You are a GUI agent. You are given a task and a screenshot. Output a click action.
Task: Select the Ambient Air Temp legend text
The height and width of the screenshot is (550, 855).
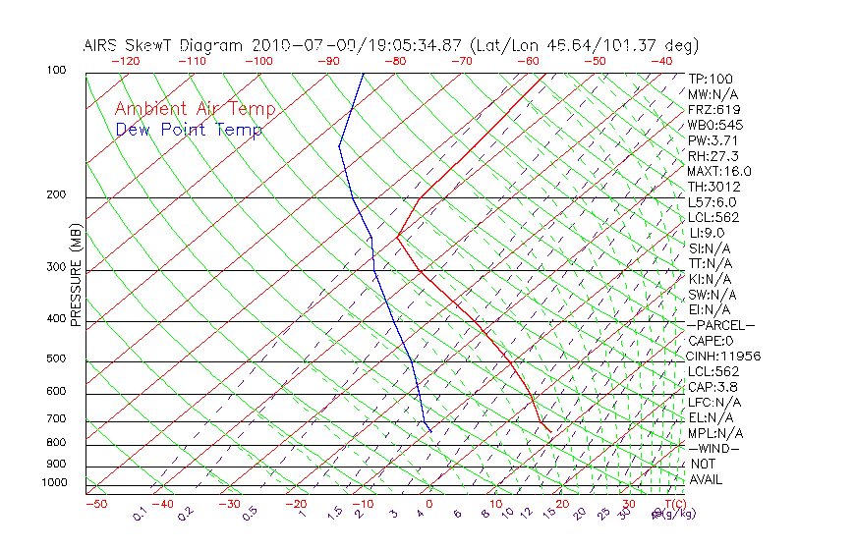click(x=195, y=110)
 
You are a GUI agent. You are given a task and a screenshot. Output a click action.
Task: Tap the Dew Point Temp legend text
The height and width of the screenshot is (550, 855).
click(x=189, y=131)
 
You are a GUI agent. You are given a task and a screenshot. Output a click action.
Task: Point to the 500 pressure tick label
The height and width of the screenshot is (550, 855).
click(x=55, y=359)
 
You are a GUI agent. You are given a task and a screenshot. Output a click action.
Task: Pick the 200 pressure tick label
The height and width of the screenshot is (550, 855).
click(x=55, y=195)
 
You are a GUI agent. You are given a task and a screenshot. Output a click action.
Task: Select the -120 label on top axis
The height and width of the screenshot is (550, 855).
click(x=126, y=61)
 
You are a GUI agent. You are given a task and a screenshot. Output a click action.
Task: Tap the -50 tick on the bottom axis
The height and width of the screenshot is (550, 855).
click(x=95, y=505)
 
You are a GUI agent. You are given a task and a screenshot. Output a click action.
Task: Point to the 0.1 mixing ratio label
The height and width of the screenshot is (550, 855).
click(x=141, y=513)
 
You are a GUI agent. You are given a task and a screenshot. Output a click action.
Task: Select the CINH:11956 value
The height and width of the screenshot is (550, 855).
click(x=724, y=357)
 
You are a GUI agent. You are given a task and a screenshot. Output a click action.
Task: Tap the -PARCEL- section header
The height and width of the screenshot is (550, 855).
click(x=721, y=326)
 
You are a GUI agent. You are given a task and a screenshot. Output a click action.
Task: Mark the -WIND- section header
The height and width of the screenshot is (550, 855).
click(x=714, y=449)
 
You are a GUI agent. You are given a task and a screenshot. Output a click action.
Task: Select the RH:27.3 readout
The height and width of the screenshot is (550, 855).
click(x=712, y=156)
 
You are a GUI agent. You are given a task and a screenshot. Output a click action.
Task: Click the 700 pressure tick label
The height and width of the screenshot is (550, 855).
click(x=55, y=419)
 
